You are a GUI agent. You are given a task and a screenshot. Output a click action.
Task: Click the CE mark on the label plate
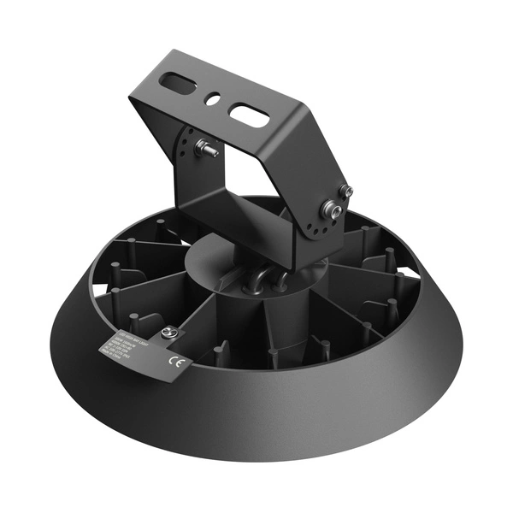point(177,359)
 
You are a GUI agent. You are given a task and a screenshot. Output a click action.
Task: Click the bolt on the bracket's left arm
point(205,148)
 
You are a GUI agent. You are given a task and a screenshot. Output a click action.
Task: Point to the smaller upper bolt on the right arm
point(345,190)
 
